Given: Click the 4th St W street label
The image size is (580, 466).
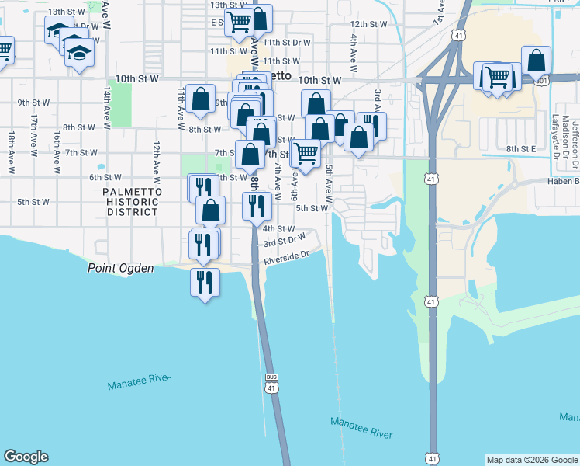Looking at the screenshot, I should pos(279,229).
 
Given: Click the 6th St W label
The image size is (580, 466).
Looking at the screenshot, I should pos(105,177).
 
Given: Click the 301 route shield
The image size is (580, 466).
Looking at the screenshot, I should pos(541,81).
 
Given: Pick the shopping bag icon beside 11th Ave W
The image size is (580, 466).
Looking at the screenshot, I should pos(200,99).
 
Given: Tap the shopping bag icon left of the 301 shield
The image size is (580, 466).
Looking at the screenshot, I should pos(536,61).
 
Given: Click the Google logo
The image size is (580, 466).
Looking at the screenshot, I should pos(26,457).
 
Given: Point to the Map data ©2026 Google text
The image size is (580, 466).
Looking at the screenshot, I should pos(532,460).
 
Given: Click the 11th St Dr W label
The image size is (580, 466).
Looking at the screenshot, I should pos(286,43).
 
